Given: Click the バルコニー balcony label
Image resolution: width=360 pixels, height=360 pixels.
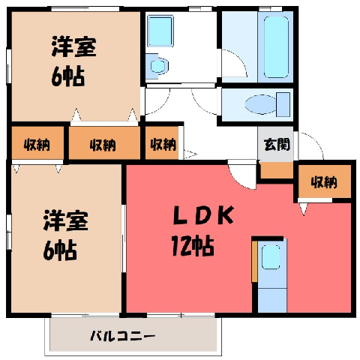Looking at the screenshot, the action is (122, 336).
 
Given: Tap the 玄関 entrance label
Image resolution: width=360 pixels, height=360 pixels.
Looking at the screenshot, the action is (277, 144).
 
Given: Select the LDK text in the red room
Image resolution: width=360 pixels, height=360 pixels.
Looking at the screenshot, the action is (203, 215).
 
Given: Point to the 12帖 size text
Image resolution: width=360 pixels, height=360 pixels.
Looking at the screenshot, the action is (193, 246).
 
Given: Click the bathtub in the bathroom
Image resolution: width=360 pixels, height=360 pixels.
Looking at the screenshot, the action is (276, 47).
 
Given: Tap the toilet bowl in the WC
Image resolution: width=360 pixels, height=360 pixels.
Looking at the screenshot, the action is (260, 104).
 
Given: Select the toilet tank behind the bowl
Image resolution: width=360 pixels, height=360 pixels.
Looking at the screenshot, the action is (283, 104).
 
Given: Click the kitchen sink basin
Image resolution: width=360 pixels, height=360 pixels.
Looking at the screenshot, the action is (271, 257).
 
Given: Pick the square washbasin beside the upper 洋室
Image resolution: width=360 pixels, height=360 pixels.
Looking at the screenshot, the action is (160, 31).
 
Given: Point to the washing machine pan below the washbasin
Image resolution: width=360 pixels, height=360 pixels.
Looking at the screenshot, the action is (157, 66).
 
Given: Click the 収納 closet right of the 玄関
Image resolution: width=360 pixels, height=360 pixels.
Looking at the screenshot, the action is (324, 182).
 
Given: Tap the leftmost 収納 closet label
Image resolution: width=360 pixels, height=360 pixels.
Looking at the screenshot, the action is (37, 145).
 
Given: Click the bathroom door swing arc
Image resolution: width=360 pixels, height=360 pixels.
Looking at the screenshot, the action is (238, 59).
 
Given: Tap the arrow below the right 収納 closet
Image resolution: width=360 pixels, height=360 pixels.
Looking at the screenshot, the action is (304, 209).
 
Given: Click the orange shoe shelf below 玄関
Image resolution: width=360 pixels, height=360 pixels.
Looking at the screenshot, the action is (277, 170).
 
